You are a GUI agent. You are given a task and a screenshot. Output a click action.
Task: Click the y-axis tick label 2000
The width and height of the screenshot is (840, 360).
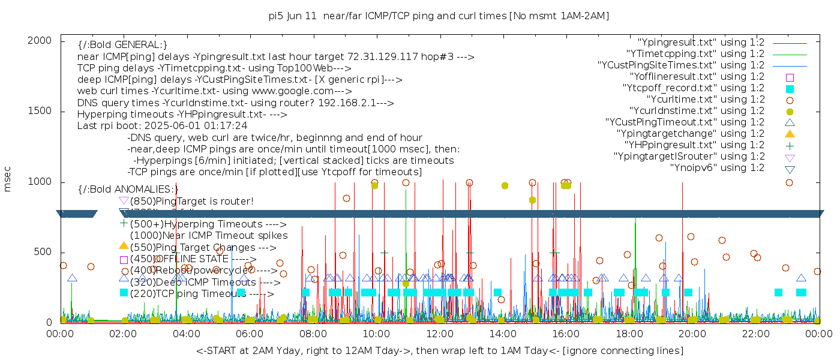coord(43,40)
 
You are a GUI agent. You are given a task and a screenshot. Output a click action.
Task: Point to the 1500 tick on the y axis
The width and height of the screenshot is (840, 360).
coord(43,111)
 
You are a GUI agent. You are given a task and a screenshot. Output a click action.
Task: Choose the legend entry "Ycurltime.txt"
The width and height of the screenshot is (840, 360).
coord(705,100)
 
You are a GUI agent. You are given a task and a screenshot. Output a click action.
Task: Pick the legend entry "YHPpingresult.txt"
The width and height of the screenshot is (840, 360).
coord(694,145)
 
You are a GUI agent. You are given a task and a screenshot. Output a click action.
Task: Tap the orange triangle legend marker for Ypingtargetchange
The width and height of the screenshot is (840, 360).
coord(790,134)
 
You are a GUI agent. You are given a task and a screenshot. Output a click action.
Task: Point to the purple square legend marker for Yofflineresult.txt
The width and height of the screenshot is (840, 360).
coord(790,77)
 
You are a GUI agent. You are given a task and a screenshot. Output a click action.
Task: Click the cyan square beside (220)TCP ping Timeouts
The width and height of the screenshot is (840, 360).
coord(124,293)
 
